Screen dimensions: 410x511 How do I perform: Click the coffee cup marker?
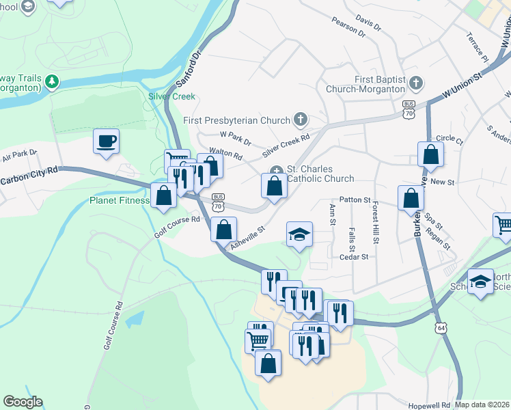(x=106, y=141)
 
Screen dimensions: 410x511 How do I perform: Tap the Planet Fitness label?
(x=120, y=201)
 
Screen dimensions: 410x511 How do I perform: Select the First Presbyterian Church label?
(x=236, y=120)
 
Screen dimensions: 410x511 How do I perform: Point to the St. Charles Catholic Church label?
(x=320, y=174)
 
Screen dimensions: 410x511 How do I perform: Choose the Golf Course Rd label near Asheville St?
(x=176, y=227)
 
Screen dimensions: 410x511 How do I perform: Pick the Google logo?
(x=23, y=402)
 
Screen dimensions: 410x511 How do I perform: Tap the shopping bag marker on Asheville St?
(x=223, y=230)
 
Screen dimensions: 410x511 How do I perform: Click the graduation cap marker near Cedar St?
(x=299, y=234)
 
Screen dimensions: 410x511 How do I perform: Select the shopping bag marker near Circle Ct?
(x=430, y=155)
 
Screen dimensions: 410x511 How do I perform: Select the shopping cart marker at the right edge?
(x=503, y=225)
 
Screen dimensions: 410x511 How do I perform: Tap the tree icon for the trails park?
(x=52, y=83)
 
